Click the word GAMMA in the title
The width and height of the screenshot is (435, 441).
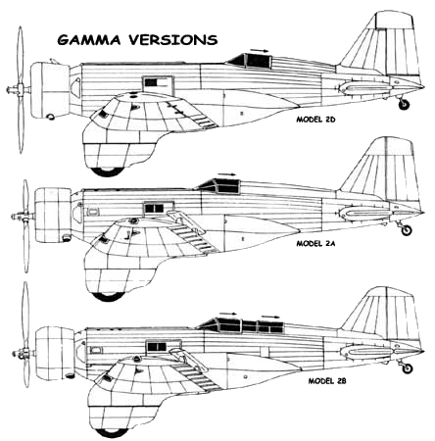coord(89,40)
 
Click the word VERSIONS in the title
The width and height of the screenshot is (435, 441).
coord(172,40)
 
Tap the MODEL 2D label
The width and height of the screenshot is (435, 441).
coord(315,120)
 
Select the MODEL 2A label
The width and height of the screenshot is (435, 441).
coord(315,244)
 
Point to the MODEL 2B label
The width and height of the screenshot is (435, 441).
coord(327,381)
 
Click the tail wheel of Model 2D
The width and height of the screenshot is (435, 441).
coord(405,104)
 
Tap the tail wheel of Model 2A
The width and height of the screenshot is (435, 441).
coord(407,230)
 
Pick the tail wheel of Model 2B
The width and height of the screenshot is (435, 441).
coord(408,368)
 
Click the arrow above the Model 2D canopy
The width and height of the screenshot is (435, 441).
coord(259,50)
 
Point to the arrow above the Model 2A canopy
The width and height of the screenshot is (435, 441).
coord(227,174)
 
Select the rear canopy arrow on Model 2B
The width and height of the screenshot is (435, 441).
coord(270,317)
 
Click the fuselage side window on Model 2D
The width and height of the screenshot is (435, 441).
coord(158,83)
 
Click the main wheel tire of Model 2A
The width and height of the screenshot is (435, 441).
coord(108,296)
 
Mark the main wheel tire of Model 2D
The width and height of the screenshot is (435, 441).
coord(108,171)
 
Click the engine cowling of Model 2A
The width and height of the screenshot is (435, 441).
coord(53,215)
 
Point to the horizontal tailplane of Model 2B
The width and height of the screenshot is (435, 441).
coord(367,351)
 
